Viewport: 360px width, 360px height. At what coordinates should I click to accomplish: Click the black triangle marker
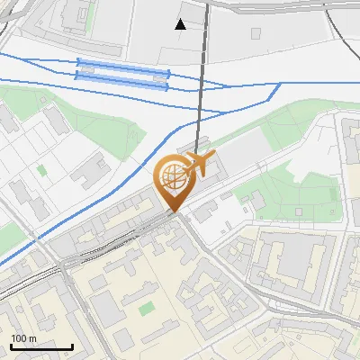pyautogui.click(x=181, y=24)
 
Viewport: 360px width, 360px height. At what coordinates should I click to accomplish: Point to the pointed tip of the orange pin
pyautogui.click(x=174, y=211)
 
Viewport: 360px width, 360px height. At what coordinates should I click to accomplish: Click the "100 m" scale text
pyautogui.click(x=23, y=338)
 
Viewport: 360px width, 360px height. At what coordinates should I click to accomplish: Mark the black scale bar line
pyautogui.click(x=41, y=346)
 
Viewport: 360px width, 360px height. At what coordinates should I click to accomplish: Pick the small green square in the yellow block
pyautogui.click(x=146, y=309)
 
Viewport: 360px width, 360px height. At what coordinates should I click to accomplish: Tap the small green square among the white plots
pyautogui.click(x=41, y=168)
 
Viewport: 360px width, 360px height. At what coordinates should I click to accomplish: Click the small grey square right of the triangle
pyautogui.click(x=256, y=33)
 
